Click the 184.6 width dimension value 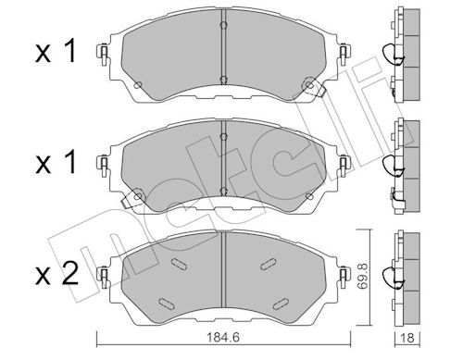pos(223,338)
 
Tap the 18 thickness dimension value pos(408,338)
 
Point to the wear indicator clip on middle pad pos(131,198)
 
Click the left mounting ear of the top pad pos(104,55)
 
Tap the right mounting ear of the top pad pos(344,55)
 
